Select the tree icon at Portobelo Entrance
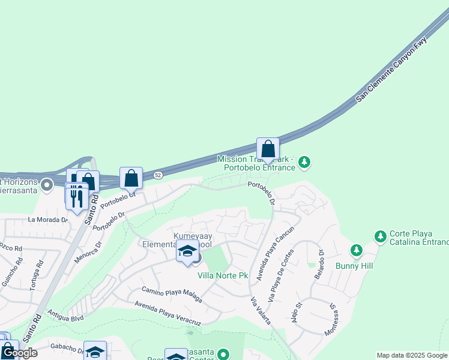click(x=304, y=161)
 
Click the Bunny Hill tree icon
click(x=356, y=249)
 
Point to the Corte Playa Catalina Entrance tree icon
click(x=379, y=236)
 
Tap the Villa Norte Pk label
click(x=223, y=275)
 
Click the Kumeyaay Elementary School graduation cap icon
click(x=187, y=251)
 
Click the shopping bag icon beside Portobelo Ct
click(x=131, y=178)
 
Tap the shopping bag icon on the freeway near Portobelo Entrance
click(x=268, y=149)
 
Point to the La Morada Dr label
click(x=48, y=220)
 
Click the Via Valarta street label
click(x=260, y=312)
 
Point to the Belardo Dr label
click(x=318, y=265)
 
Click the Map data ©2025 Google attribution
click(x=411, y=355)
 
